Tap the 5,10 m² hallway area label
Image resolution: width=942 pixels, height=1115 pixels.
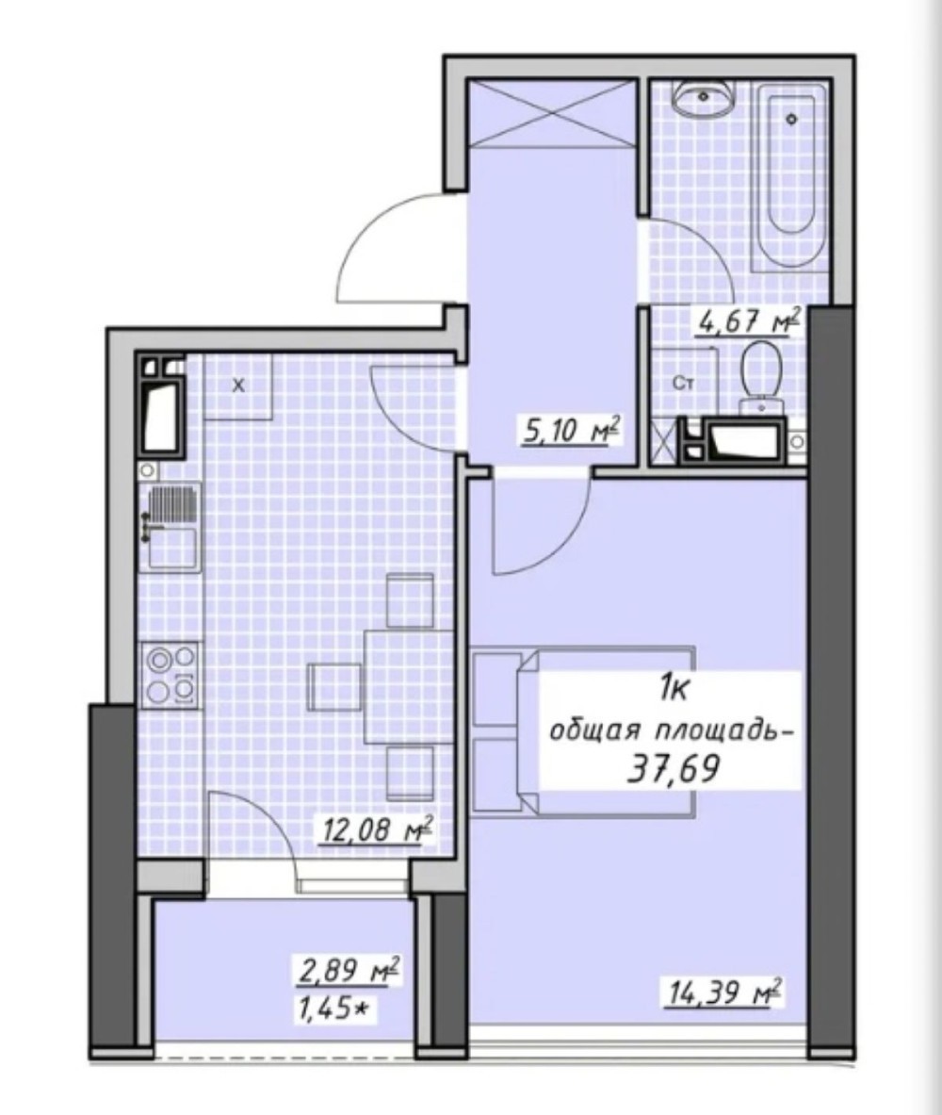tap(571, 430)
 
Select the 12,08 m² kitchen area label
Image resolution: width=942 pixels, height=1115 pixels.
tap(378, 829)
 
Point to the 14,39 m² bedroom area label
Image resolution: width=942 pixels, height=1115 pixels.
tap(723, 992)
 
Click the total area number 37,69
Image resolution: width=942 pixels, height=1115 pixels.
tap(674, 768)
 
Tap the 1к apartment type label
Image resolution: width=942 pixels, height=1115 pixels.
tap(674, 688)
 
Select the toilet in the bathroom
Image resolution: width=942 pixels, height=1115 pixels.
tap(761, 377)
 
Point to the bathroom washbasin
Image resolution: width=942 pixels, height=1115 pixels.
tap(703, 98)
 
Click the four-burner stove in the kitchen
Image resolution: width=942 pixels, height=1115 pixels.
tap(171, 674)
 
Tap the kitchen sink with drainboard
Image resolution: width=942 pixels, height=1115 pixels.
tap(171, 526)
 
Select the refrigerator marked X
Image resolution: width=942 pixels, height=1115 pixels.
tap(238, 386)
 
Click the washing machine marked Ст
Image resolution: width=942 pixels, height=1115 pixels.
tap(684, 384)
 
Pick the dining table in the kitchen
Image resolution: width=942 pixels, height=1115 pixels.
tap(409, 686)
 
